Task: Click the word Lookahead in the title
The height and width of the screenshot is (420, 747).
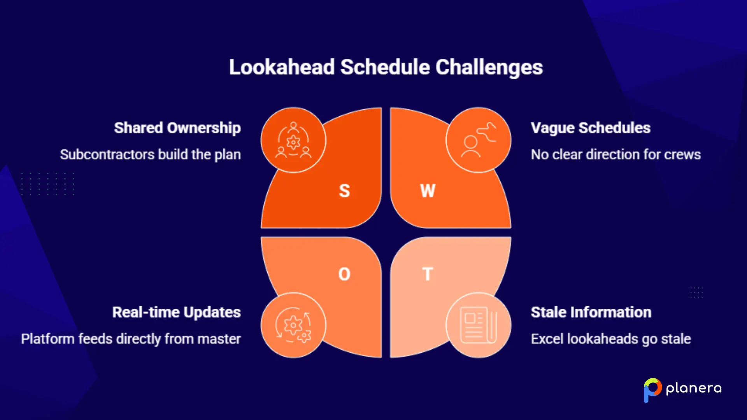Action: pyautogui.click(x=282, y=67)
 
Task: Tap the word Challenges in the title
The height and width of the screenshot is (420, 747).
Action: pyautogui.click(x=489, y=67)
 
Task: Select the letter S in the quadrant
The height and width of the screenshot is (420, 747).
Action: pyautogui.click(x=344, y=191)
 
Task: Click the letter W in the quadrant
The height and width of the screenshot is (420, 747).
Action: pyautogui.click(x=428, y=191)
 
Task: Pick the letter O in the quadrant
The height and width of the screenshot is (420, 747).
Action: pyautogui.click(x=344, y=274)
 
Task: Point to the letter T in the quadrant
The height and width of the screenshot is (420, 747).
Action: pyautogui.click(x=428, y=274)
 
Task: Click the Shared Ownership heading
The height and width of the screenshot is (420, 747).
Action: pyautogui.click(x=177, y=128)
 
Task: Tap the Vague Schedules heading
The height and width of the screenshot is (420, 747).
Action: pyautogui.click(x=591, y=128)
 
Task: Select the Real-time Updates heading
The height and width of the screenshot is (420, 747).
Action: pyautogui.click(x=177, y=312)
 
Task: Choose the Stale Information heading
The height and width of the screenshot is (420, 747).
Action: pyautogui.click(x=591, y=312)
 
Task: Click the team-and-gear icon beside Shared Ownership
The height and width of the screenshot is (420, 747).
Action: pyautogui.click(x=293, y=140)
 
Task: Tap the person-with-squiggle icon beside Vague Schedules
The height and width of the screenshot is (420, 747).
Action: pyautogui.click(x=479, y=140)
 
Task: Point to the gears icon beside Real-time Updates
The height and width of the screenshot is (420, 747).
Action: pyautogui.click(x=293, y=325)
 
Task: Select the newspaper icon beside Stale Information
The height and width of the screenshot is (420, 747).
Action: pyautogui.click(x=479, y=325)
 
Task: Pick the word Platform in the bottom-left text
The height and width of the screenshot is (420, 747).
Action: pyautogui.click(x=47, y=339)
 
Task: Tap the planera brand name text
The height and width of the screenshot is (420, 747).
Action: pyautogui.click(x=694, y=388)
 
